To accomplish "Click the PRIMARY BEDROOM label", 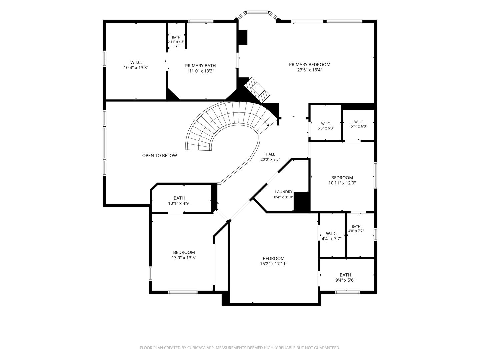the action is pos(309,65).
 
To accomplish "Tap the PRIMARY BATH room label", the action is pos(200,66).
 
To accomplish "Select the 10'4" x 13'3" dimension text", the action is pos(136,68).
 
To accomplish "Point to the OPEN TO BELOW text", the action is pos(159,156).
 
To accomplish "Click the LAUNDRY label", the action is pos(284,192).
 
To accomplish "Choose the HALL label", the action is pos(270,154).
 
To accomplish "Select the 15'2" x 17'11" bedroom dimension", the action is pos(273,264).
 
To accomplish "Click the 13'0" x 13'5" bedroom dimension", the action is pos(184,258).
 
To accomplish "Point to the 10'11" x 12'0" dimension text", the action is pos(342,183).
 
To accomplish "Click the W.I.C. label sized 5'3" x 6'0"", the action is pos(326,124).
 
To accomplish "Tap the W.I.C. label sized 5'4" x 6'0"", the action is pos(359,122).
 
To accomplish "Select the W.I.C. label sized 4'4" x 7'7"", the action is pos(332,234).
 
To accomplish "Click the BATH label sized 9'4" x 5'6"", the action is pos(345,275).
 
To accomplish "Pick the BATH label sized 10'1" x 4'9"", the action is pos(179,198).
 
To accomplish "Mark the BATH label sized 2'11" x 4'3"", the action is pos(176,37).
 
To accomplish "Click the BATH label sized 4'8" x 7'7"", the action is pos(356,226).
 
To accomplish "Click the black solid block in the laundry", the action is pos(302,202).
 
